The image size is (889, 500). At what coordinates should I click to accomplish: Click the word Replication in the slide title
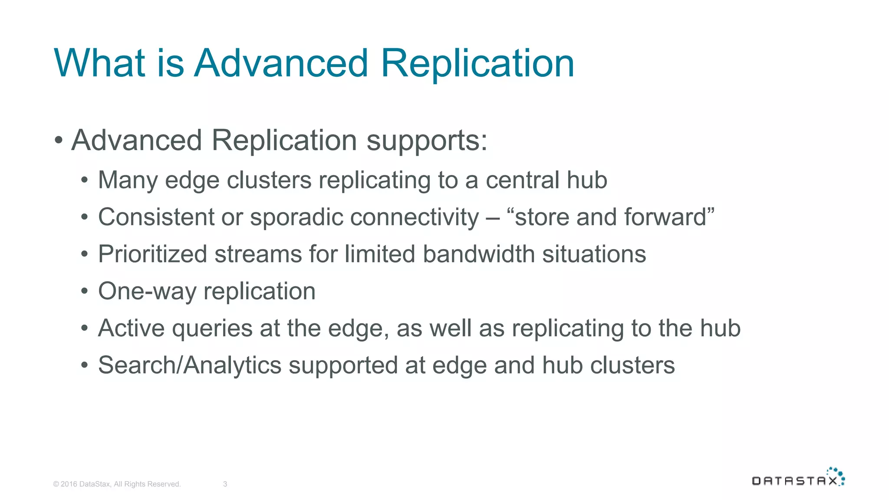pos(477,64)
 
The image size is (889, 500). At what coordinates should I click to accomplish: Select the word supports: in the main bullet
pos(427,141)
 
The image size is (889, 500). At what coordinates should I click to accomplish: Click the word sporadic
pos(296,217)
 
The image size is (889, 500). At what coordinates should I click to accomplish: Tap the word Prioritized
pos(152,254)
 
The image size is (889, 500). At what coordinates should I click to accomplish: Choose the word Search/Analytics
pos(190,365)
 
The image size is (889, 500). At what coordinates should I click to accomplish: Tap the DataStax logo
pos(798,477)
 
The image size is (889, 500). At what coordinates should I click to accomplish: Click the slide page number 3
pos(225,484)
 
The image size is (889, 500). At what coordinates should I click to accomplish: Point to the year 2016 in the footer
pos(69,484)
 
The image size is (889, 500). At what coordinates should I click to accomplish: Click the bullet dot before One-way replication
pos(85,291)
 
